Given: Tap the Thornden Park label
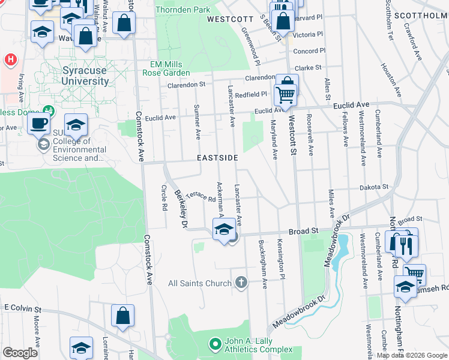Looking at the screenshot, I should pos(183,10).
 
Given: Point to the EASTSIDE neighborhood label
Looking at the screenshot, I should pos(218,158).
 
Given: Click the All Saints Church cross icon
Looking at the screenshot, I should pos(241,282).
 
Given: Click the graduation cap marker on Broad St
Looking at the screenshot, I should pos(224,229).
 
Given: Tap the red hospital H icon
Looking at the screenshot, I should pos(10,60).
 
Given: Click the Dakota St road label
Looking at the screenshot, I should pos(374,187).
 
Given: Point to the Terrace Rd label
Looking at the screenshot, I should pos(200,196).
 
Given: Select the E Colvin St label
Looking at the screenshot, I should pos(22,308).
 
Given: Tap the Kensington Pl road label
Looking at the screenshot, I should pos(280,254).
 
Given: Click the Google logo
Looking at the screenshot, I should pos(20,353).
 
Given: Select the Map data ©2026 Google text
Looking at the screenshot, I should pos(411,355).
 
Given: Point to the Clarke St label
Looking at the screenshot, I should pos(308,68).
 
